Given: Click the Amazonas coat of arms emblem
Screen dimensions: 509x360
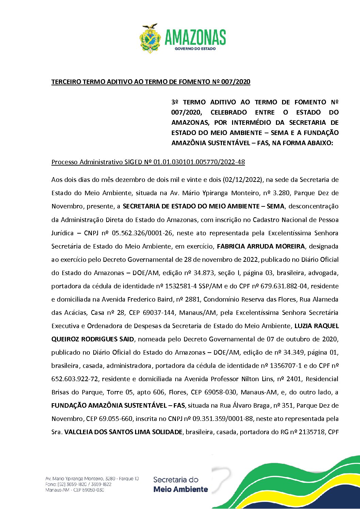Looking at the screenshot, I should click(150, 38).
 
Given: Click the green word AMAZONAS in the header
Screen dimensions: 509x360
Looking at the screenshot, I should click(195, 37).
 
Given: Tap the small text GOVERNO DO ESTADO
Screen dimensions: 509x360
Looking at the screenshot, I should click(195, 49).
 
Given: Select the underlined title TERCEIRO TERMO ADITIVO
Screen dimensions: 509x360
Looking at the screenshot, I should click(151, 82).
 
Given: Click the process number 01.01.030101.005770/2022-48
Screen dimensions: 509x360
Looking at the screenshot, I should click(199, 162).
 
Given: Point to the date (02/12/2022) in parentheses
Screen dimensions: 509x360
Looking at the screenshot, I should click(243, 180).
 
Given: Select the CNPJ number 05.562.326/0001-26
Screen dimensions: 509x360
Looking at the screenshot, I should click(143, 233).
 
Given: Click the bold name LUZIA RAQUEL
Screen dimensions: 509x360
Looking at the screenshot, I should click(316, 326).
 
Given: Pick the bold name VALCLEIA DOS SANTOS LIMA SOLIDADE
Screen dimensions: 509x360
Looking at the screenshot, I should click(124, 432).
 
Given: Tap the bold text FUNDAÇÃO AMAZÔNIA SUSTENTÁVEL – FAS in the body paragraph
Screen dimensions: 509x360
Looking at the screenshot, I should click(118, 405).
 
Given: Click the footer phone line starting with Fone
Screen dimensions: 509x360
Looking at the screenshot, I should click(78, 484).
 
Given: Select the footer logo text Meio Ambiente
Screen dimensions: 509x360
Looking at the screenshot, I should click(181, 489).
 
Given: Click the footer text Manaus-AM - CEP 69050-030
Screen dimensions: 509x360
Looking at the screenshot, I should click(75, 490).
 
